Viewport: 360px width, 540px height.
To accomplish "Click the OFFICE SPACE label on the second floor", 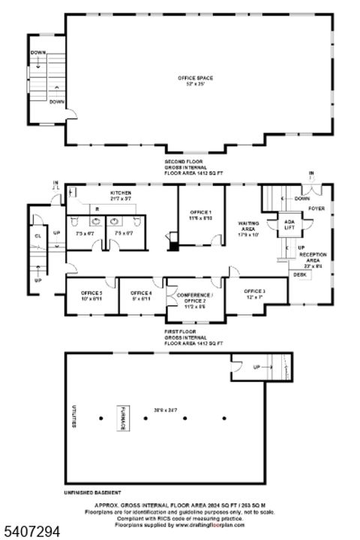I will point(195,79).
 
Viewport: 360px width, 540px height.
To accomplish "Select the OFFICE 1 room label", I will point(200,212).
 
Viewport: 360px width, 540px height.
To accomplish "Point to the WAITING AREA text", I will point(248,226).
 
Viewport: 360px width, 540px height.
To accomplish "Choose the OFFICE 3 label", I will point(254,290).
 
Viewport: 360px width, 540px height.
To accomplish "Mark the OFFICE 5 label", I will point(91,282).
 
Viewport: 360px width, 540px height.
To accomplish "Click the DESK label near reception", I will point(299,275).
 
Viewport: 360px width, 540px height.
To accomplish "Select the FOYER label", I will point(316,209).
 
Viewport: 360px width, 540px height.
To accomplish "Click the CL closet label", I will point(37,235).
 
